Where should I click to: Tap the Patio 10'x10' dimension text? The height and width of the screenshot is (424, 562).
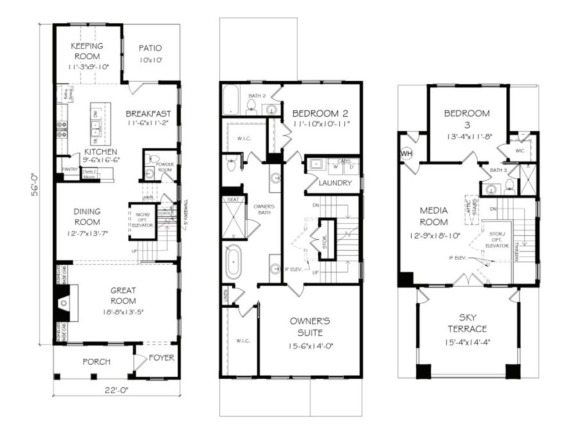(x=151, y=60)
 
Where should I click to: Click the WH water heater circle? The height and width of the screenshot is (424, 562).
(x=406, y=153)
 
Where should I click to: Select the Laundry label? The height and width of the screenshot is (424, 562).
(x=335, y=183)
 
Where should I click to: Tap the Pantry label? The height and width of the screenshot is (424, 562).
(x=69, y=169)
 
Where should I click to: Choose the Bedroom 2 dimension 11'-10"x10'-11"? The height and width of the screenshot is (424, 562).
(x=321, y=124)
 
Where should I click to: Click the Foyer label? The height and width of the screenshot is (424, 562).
(x=161, y=358)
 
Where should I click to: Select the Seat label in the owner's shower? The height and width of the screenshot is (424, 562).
(x=232, y=199)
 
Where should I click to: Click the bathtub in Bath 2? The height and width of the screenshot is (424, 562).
(x=231, y=100)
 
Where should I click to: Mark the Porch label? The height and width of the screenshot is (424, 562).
(x=96, y=362)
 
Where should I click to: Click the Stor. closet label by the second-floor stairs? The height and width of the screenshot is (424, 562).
(x=325, y=240)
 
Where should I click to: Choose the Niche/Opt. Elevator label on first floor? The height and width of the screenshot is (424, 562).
(x=143, y=219)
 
